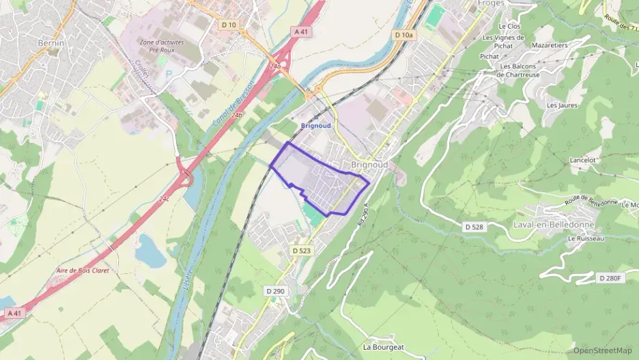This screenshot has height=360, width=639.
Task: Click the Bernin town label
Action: tap(51, 43)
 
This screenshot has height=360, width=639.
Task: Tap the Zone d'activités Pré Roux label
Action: tap(161, 46)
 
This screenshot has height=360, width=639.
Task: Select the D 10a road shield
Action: tap(403, 34)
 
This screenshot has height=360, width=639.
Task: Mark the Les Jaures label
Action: tap(562, 105)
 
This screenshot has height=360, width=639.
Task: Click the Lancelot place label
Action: tap(583, 160)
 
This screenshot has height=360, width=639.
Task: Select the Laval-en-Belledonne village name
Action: tap(554, 225)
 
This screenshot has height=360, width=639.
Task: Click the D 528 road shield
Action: tap(474, 226)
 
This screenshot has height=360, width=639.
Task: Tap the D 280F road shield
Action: tap(612, 278)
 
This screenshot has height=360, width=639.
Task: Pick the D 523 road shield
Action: tap(301, 251)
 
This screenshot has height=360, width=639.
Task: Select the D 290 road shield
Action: tap(276, 291)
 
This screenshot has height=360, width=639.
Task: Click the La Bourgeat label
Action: tap(384, 347)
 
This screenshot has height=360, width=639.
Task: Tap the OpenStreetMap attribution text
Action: tap(602, 350)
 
